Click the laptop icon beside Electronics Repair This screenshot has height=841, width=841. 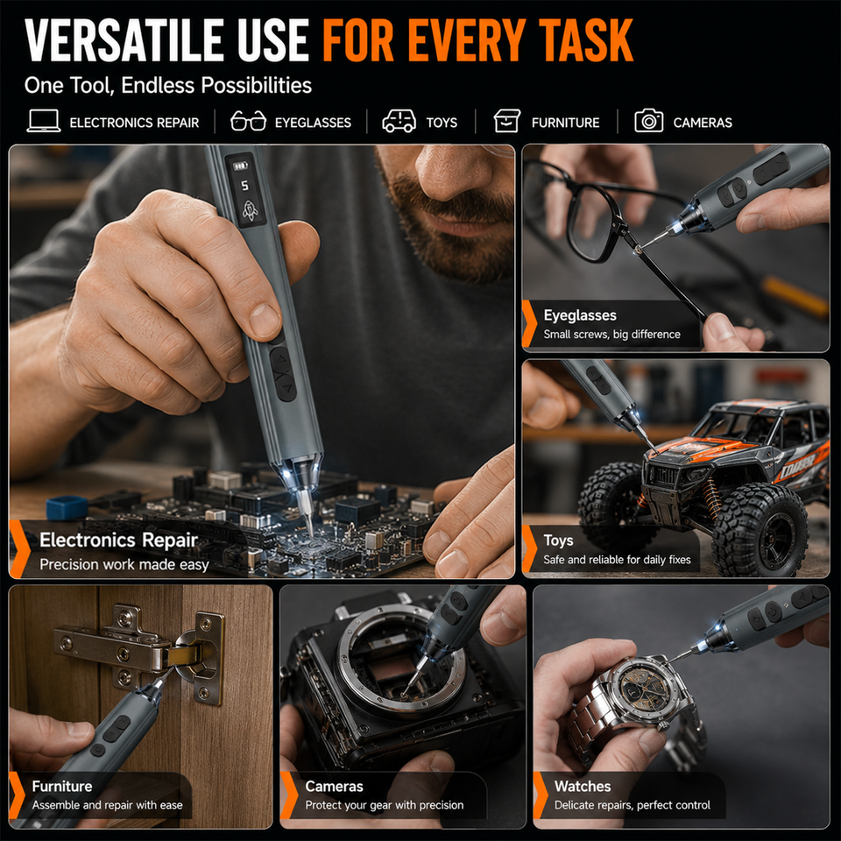click(44, 121)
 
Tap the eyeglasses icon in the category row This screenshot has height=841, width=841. click(248, 121)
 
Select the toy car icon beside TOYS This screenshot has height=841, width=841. click(399, 121)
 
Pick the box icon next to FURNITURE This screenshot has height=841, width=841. click(507, 121)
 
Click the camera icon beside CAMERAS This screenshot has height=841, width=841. click(648, 121)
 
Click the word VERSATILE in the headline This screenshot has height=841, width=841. click(124, 40)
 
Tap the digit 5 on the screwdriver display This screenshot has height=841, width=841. click(244, 186)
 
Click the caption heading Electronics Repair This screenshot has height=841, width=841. click(118, 541)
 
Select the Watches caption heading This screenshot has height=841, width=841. click(583, 787)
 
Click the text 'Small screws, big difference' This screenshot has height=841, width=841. click(611, 334)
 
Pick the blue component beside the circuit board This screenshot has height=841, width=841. click(67, 507)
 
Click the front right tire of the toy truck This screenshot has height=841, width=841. click(760, 529)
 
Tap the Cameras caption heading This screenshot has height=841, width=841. click(334, 787)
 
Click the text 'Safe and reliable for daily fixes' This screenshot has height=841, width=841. click(617, 560)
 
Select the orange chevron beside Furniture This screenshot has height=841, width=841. click(17, 796)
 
